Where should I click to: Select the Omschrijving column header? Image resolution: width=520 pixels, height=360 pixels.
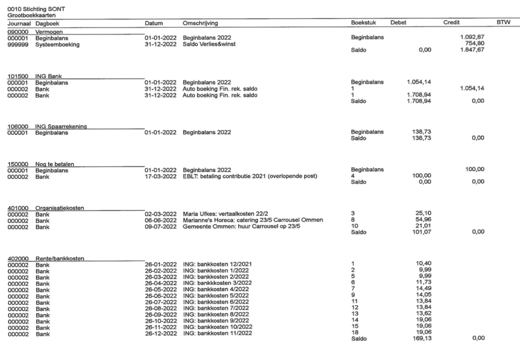point(200,23)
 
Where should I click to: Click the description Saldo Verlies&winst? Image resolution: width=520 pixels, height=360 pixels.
point(210,44)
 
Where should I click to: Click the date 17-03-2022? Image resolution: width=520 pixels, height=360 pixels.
point(160,176)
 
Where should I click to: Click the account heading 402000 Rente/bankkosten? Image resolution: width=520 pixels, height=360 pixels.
point(46,258)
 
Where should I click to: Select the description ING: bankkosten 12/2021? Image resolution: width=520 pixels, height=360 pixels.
point(217,264)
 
